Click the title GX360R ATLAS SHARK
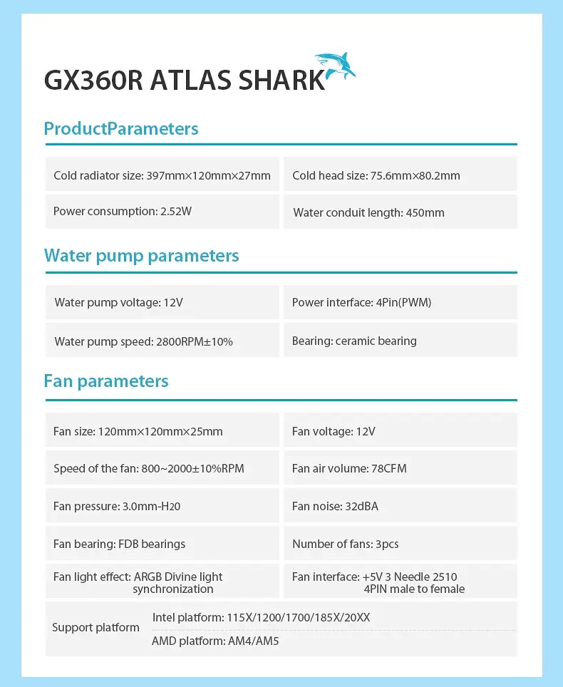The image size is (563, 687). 184,80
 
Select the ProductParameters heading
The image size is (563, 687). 120,129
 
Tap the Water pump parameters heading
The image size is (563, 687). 141,256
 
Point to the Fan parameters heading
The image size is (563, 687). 106,381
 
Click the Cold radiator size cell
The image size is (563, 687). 162,175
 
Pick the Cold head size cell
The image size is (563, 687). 400,175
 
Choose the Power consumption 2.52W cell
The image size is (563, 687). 162,212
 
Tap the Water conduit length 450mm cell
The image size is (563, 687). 400,212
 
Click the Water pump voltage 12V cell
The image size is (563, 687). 162,303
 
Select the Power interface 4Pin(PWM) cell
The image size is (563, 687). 400,303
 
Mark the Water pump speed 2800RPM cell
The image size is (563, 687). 162,341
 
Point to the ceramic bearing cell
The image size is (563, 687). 400,341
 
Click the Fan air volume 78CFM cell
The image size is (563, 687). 400,469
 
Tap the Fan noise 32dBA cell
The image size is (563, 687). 400,507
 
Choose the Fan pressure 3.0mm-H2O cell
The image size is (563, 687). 162,507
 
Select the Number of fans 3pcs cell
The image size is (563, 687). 400,544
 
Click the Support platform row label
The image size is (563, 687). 95,628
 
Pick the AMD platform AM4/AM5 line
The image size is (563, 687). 215,641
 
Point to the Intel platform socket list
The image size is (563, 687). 261,617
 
